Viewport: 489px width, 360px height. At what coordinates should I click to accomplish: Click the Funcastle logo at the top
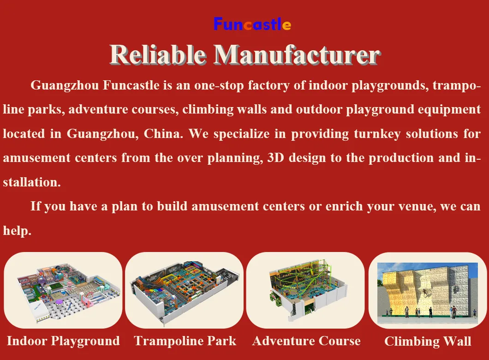pyautogui.click(x=252, y=24)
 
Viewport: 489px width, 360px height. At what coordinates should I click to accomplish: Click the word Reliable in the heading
pyautogui.click(x=158, y=55)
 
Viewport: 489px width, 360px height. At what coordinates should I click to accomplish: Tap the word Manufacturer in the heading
pyautogui.click(x=297, y=55)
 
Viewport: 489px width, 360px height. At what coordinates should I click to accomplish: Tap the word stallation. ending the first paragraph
pyautogui.click(x=31, y=182)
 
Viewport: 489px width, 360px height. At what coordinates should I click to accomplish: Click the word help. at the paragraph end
pyautogui.click(x=17, y=230)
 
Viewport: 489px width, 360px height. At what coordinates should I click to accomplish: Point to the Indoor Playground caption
pyautogui.click(x=63, y=341)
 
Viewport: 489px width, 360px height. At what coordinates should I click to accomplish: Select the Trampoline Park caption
pyautogui.click(x=185, y=341)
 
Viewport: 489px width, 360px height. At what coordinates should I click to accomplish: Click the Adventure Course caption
pyautogui.click(x=306, y=341)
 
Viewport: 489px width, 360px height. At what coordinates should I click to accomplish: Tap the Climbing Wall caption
pyautogui.click(x=428, y=342)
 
